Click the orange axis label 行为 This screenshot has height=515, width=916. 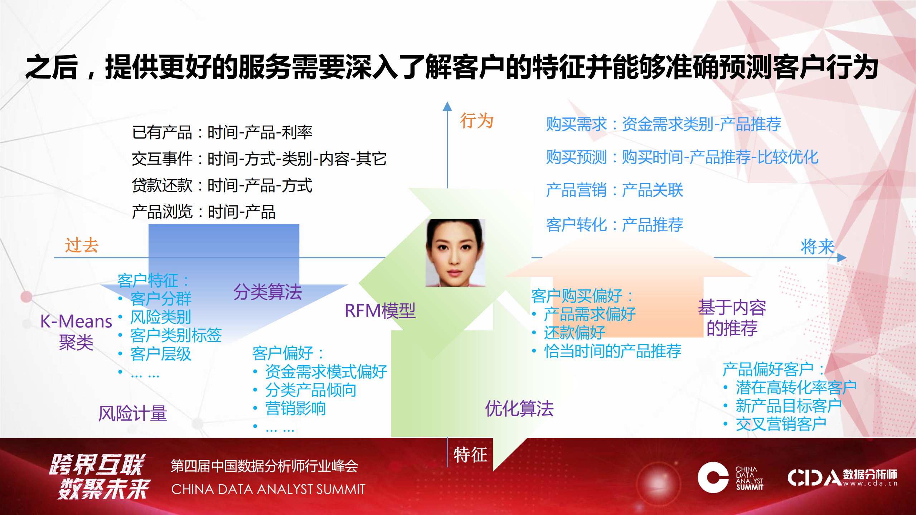coord(476,121)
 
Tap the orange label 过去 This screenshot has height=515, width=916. coord(82,245)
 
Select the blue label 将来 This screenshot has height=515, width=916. coord(818,247)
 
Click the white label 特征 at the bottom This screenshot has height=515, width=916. coord(470,455)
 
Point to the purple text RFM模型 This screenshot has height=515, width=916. coord(380,310)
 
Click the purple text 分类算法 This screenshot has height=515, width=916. coord(268,292)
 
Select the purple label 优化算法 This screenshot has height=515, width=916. coord(519,408)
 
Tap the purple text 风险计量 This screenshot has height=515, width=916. coord(133,413)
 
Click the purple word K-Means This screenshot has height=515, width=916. coord(76,321)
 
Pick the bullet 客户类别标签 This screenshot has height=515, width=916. coord(176,335)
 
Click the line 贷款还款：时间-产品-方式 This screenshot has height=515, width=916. coord(222,185)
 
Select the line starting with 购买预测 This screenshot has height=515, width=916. coord(682,157)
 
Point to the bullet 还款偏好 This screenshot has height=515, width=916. coord(575,332)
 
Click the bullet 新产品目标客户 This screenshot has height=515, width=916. coord(789,406)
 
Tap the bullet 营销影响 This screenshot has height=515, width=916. coord(295,408)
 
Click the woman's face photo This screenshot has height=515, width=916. coord(455,253)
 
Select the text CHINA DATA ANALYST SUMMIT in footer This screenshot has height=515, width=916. coord(268,489)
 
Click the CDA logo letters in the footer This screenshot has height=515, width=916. coord(815,477)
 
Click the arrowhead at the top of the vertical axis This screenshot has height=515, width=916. coord(447,106)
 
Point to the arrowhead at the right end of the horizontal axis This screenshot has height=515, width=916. coord(842,258)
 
